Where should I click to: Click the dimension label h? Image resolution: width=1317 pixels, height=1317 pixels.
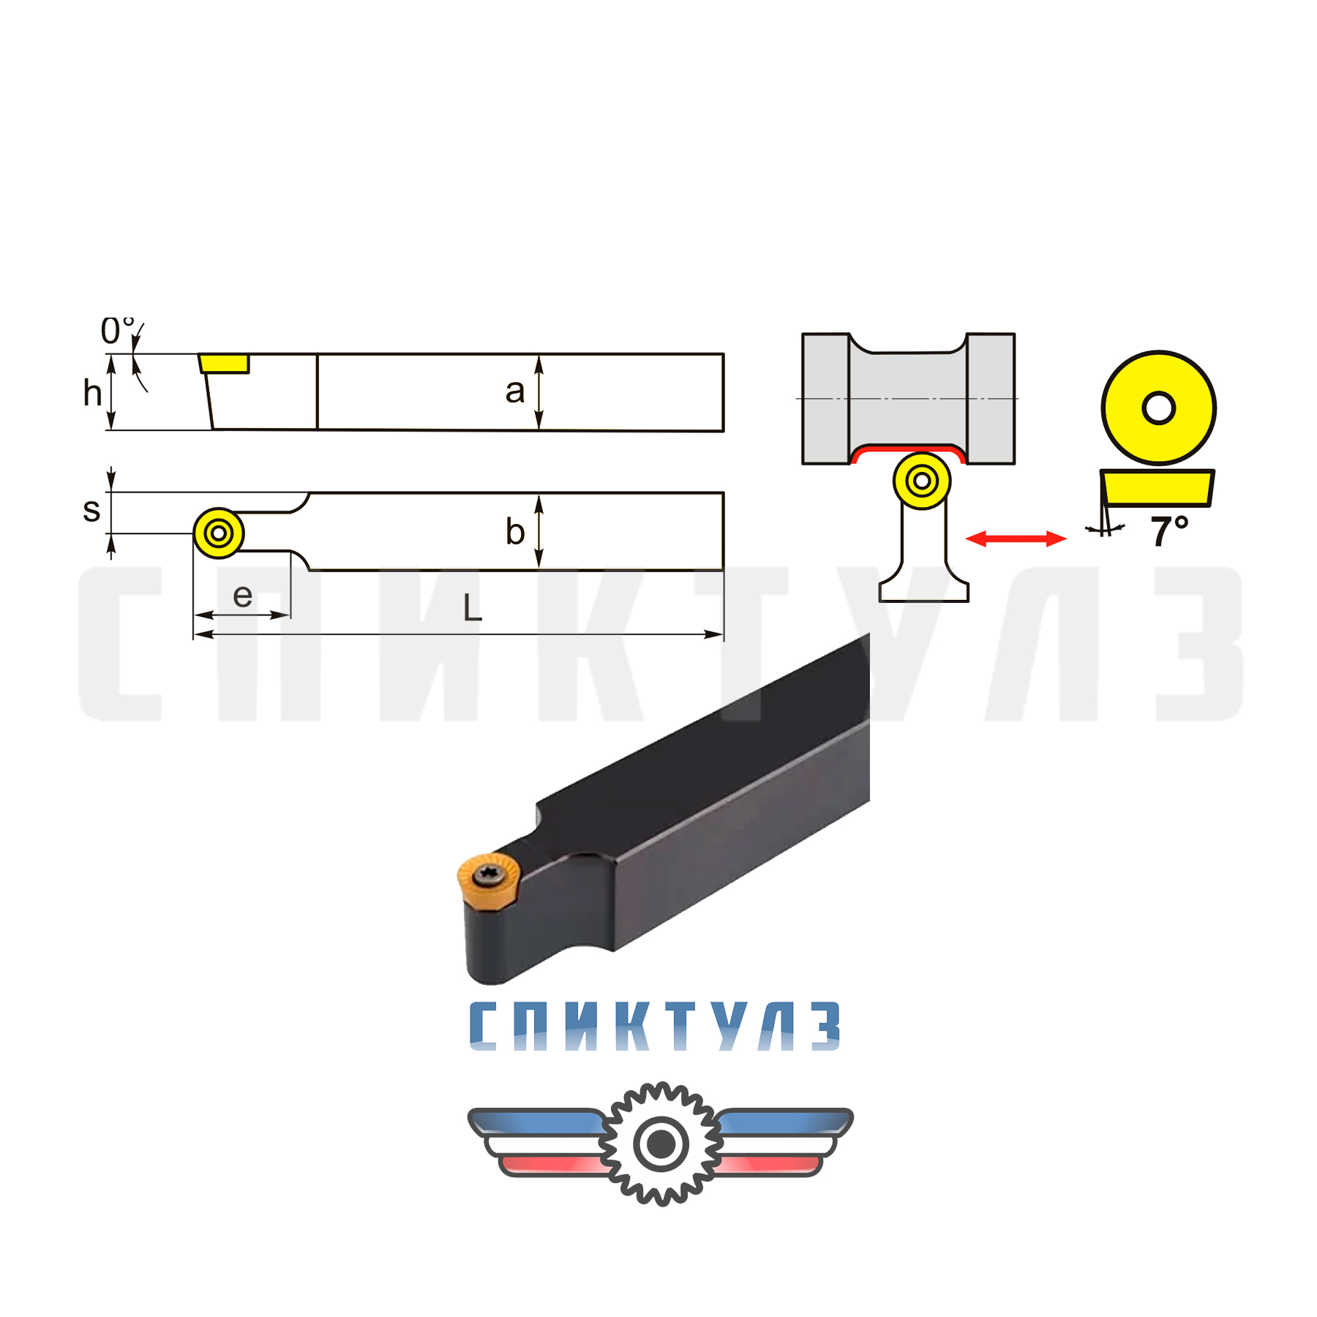point(92,393)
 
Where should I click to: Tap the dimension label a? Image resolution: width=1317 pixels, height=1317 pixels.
point(515,391)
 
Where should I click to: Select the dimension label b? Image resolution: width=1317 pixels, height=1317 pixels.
point(515,531)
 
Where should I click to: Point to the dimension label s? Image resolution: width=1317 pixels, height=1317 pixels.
point(91,510)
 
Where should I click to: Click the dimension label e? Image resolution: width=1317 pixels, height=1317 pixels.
point(242,596)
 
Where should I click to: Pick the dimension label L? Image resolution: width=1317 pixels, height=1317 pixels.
point(473,607)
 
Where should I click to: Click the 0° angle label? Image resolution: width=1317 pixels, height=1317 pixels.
point(118,331)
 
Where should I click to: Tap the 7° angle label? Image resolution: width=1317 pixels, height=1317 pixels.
point(1169,530)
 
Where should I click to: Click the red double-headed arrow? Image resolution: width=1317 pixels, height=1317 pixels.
point(1016,539)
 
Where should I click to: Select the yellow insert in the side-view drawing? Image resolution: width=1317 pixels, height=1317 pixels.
point(225,364)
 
